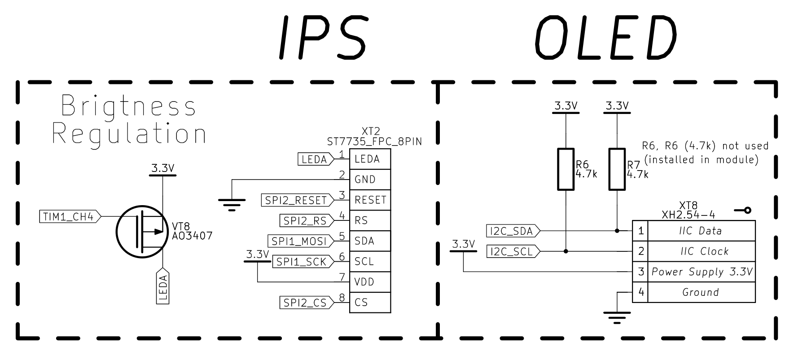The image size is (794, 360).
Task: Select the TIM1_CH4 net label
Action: click(x=70, y=216)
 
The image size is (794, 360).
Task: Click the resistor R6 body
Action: click(x=566, y=169)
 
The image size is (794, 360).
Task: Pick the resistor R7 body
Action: click(x=617, y=169)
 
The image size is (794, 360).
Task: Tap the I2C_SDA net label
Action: click(x=513, y=231)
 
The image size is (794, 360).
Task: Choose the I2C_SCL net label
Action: click(x=513, y=252)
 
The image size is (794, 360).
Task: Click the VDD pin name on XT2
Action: click(x=364, y=282)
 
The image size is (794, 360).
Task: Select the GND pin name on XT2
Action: click(x=365, y=180)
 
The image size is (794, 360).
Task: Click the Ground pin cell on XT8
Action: click(x=702, y=292)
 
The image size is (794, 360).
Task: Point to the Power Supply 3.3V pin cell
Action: click(x=702, y=272)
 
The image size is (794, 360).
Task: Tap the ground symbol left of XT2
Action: click(x=232, y=204)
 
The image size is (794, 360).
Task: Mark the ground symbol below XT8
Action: click(x=617, y=317)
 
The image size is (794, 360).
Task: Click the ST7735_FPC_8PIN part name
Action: click(x=374, y=142)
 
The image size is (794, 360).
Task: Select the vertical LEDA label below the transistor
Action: click(x=163, y=286)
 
